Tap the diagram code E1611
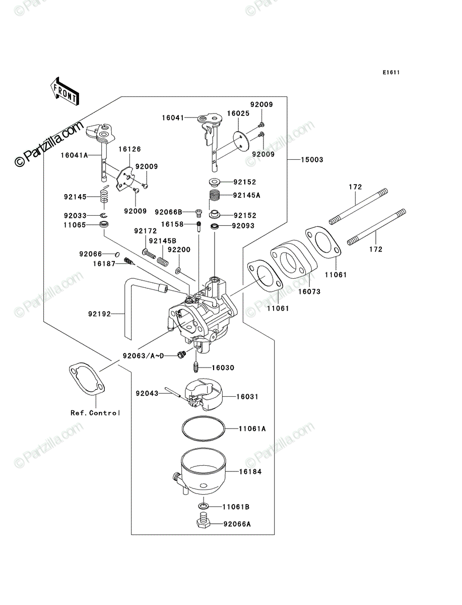click(x=391, y=73)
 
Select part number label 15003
click(x=312, y=160)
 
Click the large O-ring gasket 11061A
click(x=204, y=429)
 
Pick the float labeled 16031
click(x=204, y=394)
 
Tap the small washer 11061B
click(x=203, y=506)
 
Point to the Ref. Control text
click(x=95, y=413)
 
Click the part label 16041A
click(x=74, y=155)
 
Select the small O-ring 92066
click(x=117, y=254)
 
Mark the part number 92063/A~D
click(x=143, y=356)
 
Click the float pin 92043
click(x=173, y=392)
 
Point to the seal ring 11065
click(x=104, y=224)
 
